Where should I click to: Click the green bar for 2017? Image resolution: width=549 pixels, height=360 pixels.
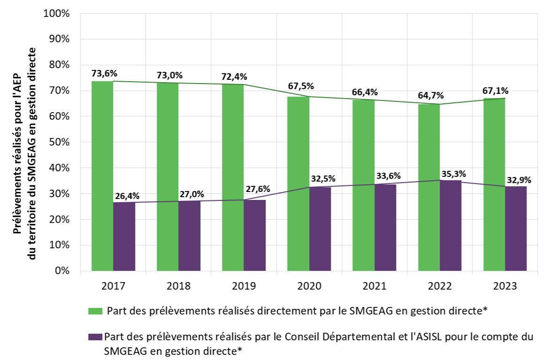[x=102, y=176]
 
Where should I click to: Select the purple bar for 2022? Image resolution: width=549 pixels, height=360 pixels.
[x=450, y=225]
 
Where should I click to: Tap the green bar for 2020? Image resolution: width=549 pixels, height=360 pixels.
[x=298, y=184]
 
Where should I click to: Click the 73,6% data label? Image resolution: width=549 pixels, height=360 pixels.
[x=104, y=73]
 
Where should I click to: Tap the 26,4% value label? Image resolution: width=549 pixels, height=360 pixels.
[x=127, y=196]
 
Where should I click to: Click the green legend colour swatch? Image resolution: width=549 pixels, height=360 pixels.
[x=95, y=311]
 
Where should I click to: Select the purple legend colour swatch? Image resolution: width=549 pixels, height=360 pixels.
[x=95, y=337]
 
